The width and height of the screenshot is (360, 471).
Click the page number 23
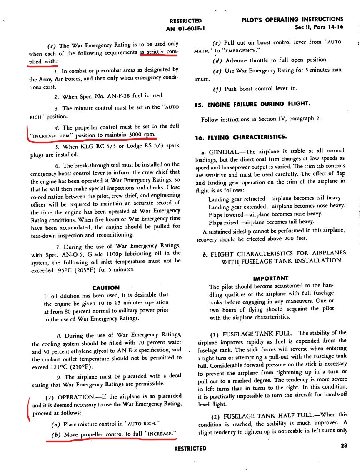click(344, 445)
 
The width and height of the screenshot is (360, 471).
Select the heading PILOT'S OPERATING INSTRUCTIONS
click(292, 20)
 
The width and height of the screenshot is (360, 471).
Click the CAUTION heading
click(106, 287)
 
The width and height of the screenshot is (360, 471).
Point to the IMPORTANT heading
click(270, 278)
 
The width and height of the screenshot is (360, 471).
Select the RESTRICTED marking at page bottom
click(190, 449)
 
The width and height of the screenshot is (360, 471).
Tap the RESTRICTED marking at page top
click(186, 21)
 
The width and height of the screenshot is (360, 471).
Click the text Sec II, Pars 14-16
click(319, 28)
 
